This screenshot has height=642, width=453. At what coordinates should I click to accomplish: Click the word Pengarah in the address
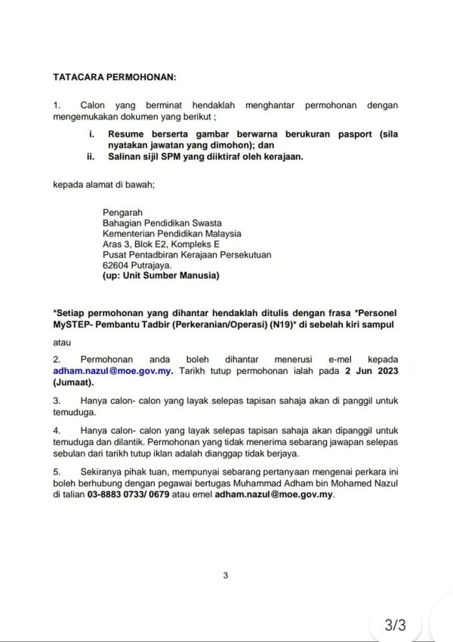tap(122, 212)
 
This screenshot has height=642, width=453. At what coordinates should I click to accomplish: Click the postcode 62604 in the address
tap(116, 266)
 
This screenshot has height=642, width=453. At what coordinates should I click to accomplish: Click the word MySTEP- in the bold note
tap(75, 323)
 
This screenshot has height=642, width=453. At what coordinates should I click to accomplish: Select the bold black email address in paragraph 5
tap(273, 496)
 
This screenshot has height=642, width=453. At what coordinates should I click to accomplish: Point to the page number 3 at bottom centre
tap(225, 577)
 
